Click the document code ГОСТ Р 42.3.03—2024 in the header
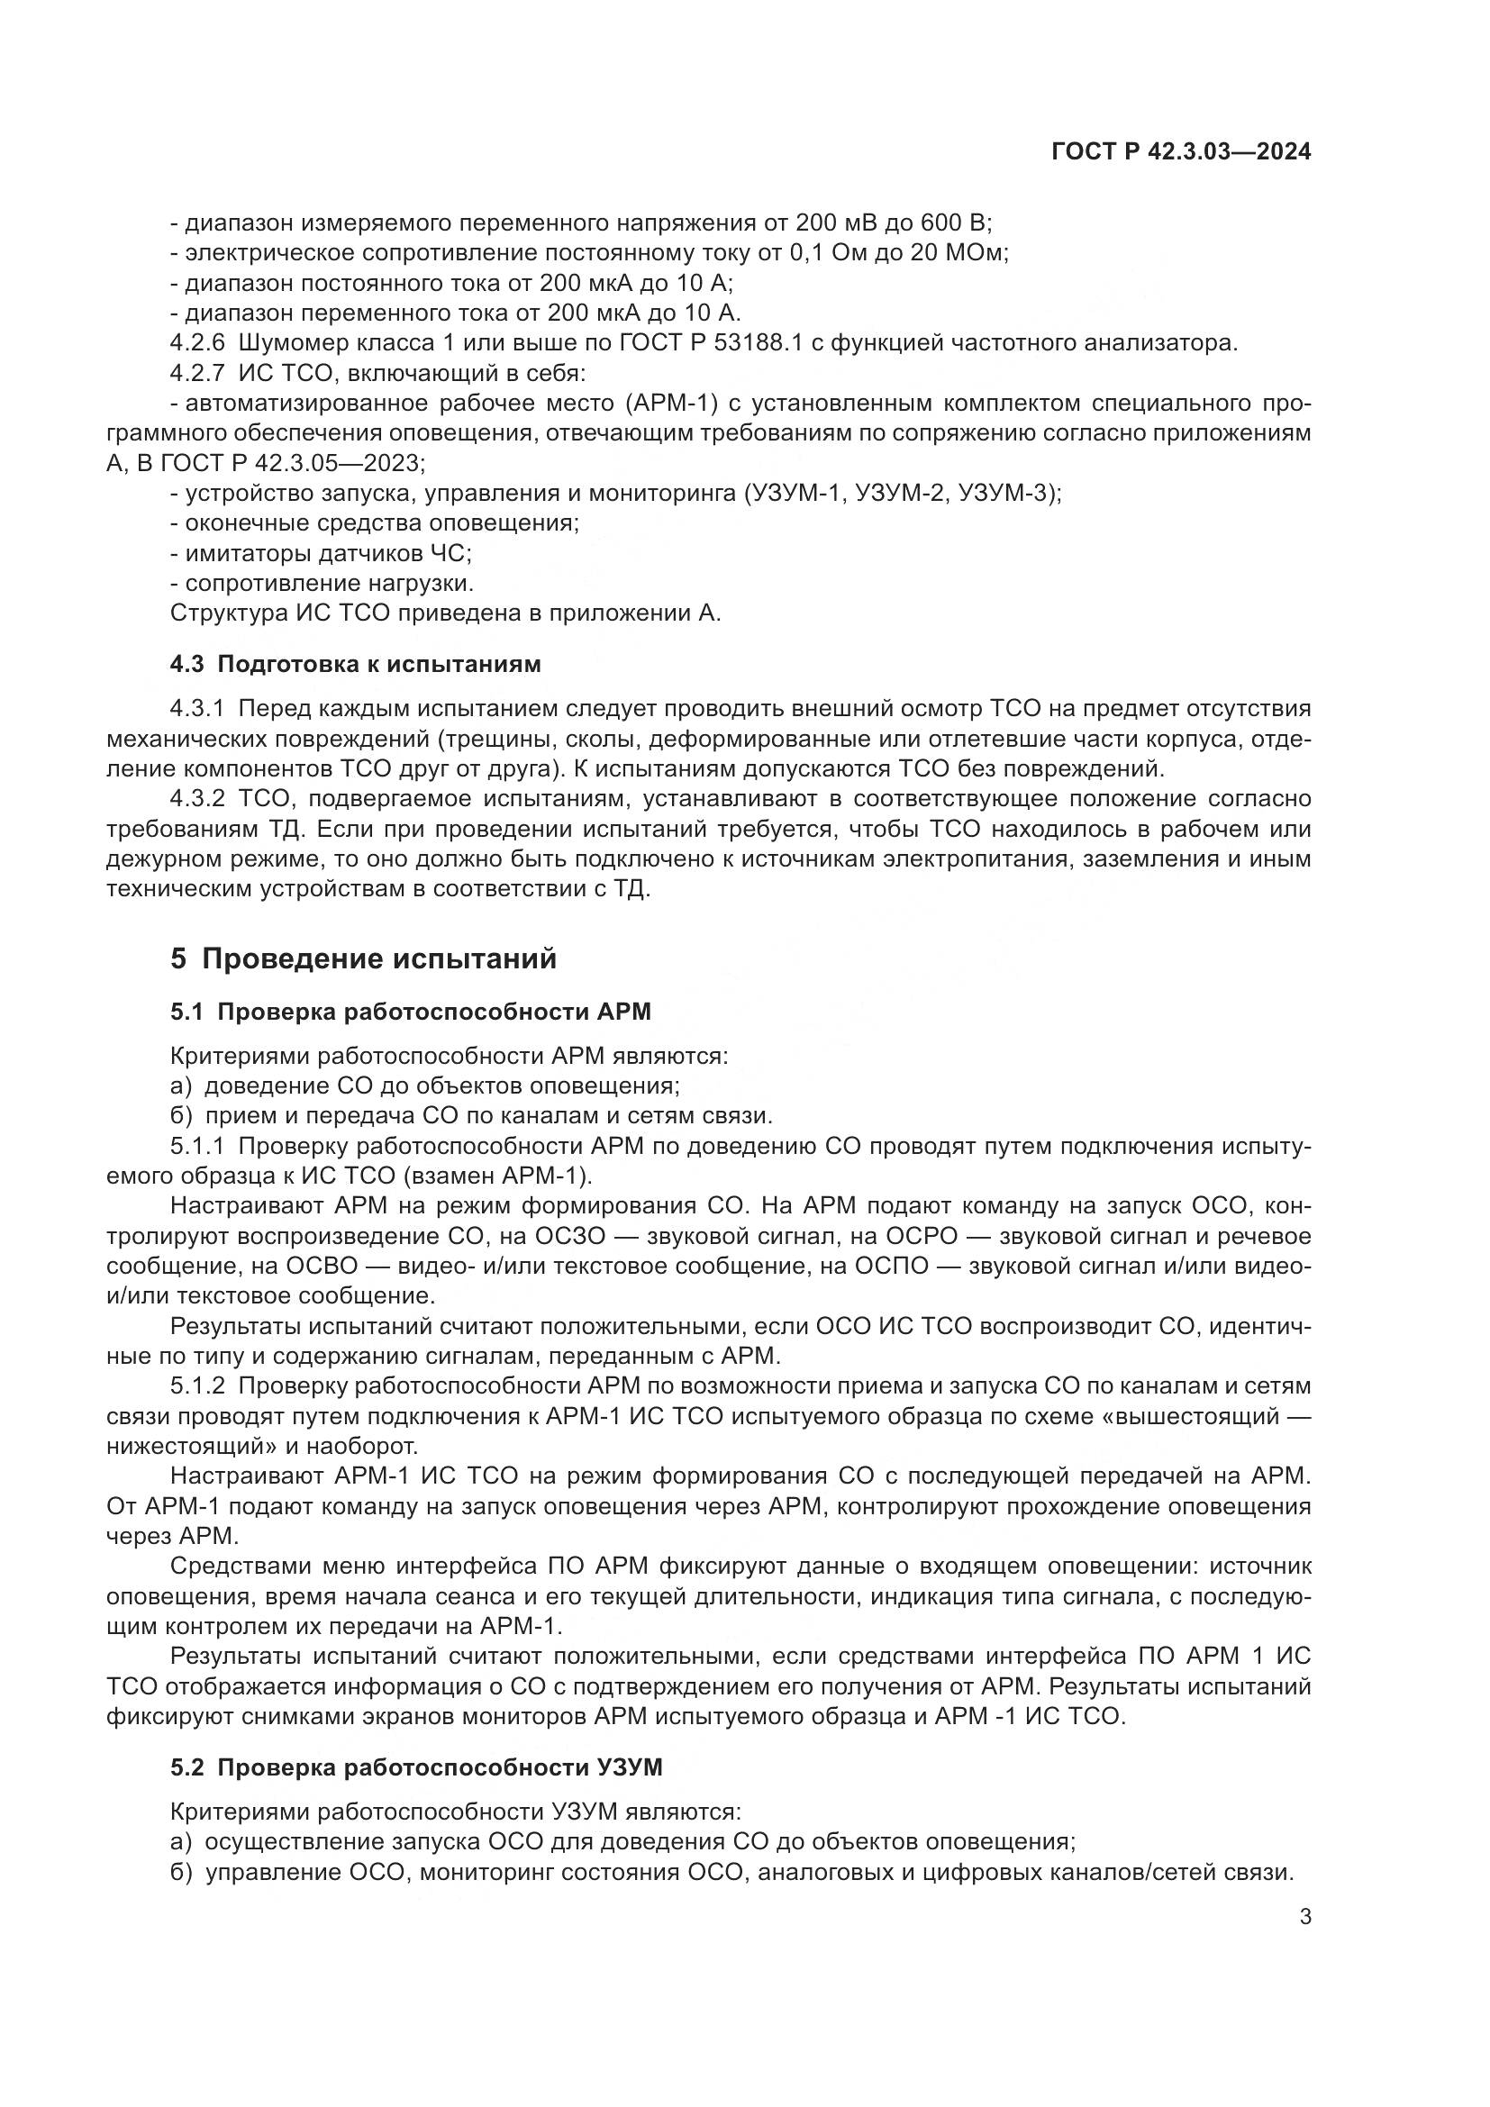coord(1181,152)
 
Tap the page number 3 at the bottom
coord(1305,1917)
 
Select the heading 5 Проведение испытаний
coord(363,959)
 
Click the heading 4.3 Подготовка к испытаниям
coord(355,665)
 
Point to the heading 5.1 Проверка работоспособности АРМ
coord(410,1013)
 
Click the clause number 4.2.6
coord(197,344)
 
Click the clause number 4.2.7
coord(197,375)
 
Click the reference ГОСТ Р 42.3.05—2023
coord(292,463)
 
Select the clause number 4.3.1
coord(197,708)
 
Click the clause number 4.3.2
coord(197,799)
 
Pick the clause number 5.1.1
coord(197,1147)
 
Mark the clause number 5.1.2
coord(197,1385)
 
